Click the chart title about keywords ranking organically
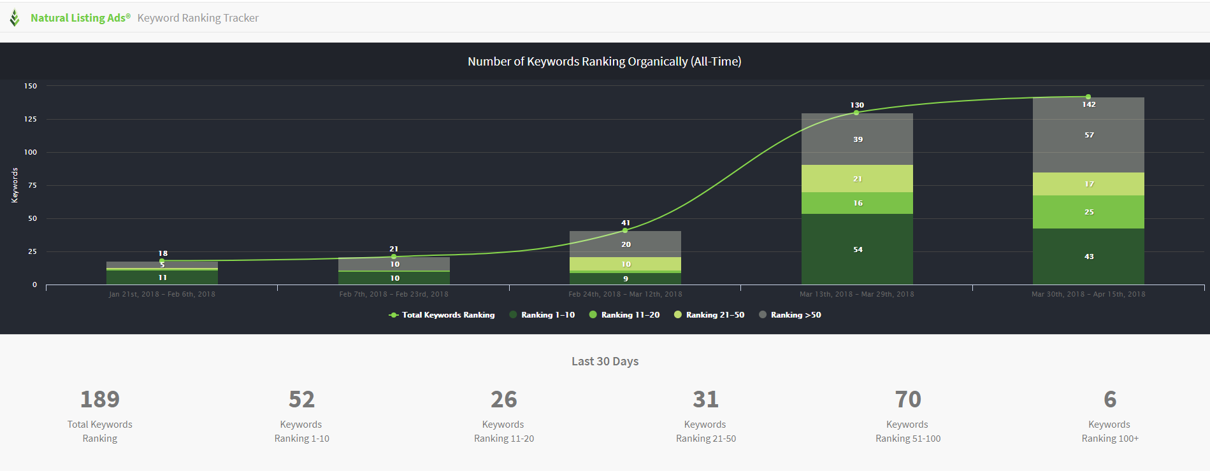tap(604, 62)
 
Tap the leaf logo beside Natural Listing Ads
tap(15, 18)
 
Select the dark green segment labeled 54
tap(857, 249)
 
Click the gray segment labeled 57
tap(1088, 135)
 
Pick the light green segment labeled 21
tap(857, 179)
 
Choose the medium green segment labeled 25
tap(1088, 212)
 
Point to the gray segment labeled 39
tap(857, 139)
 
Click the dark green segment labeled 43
tap(1088, 257)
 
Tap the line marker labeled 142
tap(1088, 97)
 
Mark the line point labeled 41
tap(625, 230)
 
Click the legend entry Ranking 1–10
tap(542, 315)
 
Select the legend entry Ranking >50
tap(790, 315)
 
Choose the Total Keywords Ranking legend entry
tap(442, 315)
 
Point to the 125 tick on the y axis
tap(31, 119)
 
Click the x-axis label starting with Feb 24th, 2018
tap(625, 294)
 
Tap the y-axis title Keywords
tap(15, 185)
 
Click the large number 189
tap(100, 399)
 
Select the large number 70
tap(908, 399)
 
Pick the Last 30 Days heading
tap(605, 362)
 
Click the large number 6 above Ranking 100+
tap(1110, 399)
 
